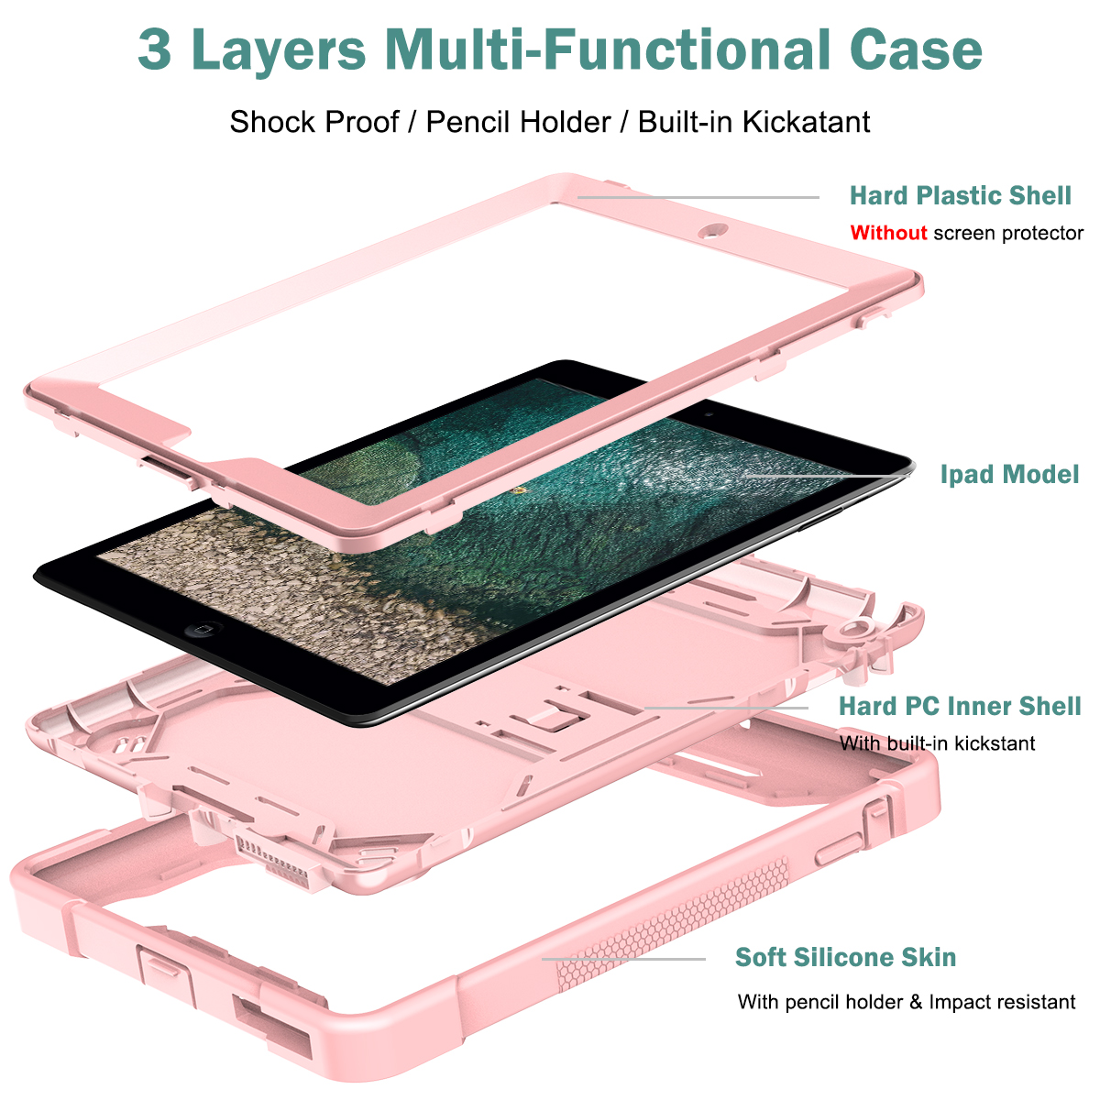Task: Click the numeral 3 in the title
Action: [x=155, y=49]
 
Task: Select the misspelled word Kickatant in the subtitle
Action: [x=806, y=122]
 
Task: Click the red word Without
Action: [x=888, y=233]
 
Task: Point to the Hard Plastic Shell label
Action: [x=960, y=195]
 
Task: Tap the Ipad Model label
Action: [x=1009, y=474]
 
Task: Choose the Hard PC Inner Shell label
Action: [x=960, y=706]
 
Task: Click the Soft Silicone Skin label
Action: [x=845, y=957]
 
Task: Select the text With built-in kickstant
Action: [x=937, y=743]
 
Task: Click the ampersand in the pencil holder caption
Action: [x=916, y=1002]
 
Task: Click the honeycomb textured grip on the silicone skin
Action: [x=678, y=926]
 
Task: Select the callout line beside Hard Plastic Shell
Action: [x=697, y=196]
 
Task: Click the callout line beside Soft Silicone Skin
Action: [x=623, y=959]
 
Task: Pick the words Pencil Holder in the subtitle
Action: [x=518, y=122]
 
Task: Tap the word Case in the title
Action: [x=916, y=49]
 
